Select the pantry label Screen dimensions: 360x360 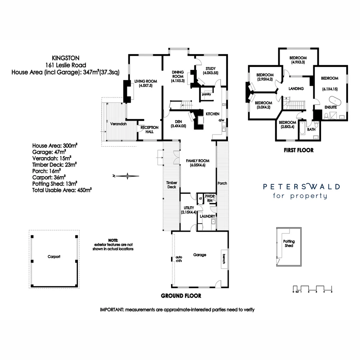[x=206, y=94]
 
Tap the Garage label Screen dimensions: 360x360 [x=200, y=255]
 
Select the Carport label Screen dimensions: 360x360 [x=54, y=257]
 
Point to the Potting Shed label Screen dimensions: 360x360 [x=289, y=243]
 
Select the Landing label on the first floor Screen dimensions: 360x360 [x=296, y=89]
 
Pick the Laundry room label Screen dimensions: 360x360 [x=207, y=216]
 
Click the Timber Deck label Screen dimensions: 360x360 [x=172, y=185]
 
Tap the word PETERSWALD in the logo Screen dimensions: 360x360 [x=301, y=187]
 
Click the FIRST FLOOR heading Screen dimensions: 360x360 [x=298, y=150]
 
